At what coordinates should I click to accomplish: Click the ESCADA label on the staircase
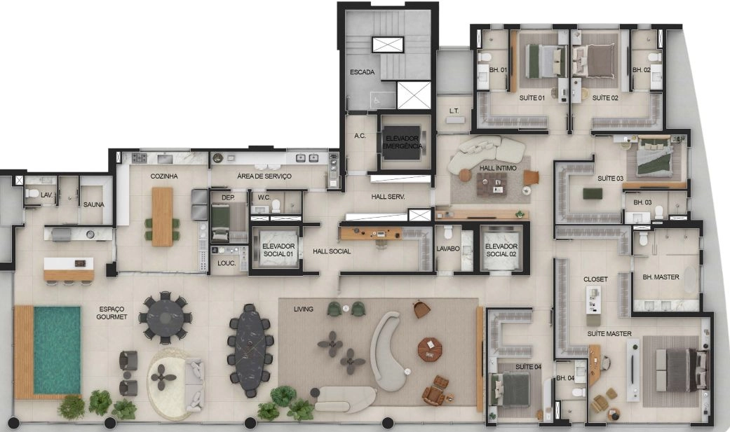(x=363, y=72)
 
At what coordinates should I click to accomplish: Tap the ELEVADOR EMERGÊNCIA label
(x=403, y=142)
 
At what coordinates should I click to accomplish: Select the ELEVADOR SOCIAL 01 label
(x=278, y=250)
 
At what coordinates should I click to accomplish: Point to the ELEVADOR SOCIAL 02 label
(x=501, y=250)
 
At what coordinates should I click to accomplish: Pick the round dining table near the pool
(x=165, y=318)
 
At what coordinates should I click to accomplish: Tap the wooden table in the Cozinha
(x=162, y=216)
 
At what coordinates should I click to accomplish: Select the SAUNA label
(x=93, y=204)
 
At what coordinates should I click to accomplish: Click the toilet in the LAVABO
(x=448, y=232)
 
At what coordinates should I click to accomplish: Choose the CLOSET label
(x=595, y=279)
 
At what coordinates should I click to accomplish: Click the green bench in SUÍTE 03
(x=593, y=193)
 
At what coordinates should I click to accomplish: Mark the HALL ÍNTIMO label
(x=498, y=168)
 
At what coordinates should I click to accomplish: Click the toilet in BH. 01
(x=485, y=57)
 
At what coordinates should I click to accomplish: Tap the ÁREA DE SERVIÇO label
(x=264, y=176)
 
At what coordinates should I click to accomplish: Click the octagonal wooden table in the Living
(x=430, y=349)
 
